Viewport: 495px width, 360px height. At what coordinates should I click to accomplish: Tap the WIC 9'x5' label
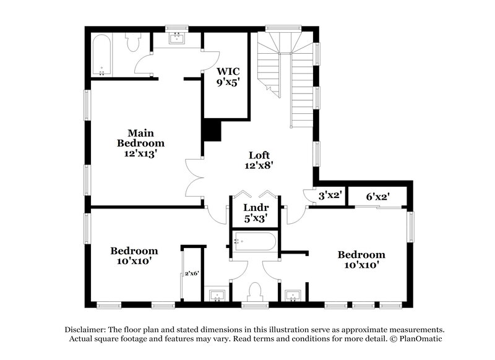click(x=228, y=76)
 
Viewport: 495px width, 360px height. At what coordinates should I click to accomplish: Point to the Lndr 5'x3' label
click(x=255, y=213)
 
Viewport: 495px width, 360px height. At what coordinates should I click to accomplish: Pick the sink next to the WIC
click(x=178, y=39)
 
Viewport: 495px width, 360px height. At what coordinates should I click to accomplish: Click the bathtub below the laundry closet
click(x=255, y=241)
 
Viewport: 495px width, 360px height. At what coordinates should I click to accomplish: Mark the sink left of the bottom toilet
click(x=216, y=294)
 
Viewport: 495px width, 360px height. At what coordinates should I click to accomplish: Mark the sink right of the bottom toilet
click(x=293, y=294)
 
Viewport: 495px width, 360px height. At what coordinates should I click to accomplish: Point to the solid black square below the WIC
click(x=212, y=131)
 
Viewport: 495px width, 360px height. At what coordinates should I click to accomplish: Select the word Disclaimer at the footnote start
click(x=85, y=330)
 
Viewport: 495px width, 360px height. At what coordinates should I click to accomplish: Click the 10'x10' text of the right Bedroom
click(x=361, y=265)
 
